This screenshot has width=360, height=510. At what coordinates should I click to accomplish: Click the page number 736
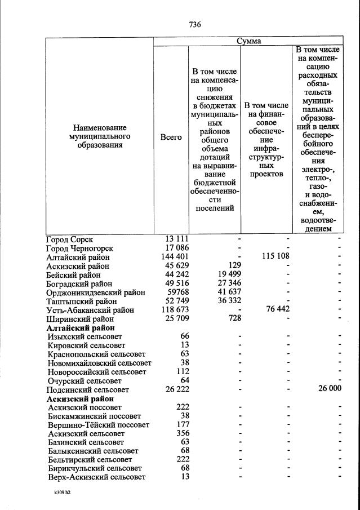coord(195,25)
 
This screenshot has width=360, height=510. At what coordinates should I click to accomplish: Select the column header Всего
coord(171,137)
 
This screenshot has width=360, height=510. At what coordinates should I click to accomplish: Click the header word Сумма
coord(248,41)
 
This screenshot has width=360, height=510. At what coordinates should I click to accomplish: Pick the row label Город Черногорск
coord(79,248)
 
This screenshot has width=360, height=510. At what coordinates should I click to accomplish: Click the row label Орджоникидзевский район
coord(95,292)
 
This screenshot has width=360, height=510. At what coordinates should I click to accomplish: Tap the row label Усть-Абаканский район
coord(90,310)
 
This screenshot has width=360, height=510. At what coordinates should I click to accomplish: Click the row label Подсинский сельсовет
coord(87,390)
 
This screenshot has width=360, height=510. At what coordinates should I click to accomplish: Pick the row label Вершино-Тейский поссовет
coord(99,425)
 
